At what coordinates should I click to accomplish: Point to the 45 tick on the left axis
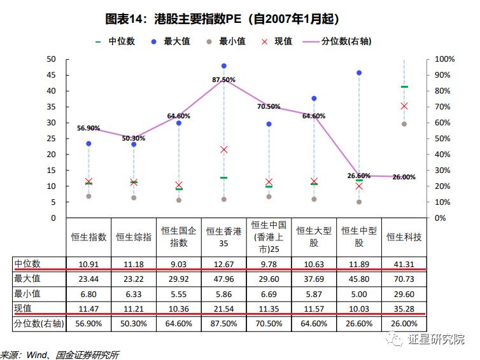52,75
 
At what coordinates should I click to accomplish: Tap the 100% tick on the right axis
444,59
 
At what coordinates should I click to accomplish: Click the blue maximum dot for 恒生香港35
223,66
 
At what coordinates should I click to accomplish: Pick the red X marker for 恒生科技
404,106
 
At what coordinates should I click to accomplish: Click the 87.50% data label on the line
223,80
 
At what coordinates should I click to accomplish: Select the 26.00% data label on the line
404,177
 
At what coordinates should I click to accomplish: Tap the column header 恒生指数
88,237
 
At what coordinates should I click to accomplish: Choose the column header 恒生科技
404,237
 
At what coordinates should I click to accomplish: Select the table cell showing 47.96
223,279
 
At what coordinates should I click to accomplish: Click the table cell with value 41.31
404,263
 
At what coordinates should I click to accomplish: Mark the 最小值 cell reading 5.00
359,293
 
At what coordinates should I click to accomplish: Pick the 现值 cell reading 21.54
223,308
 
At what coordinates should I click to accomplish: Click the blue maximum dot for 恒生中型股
359,73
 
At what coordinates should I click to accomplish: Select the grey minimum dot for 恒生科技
404,124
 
